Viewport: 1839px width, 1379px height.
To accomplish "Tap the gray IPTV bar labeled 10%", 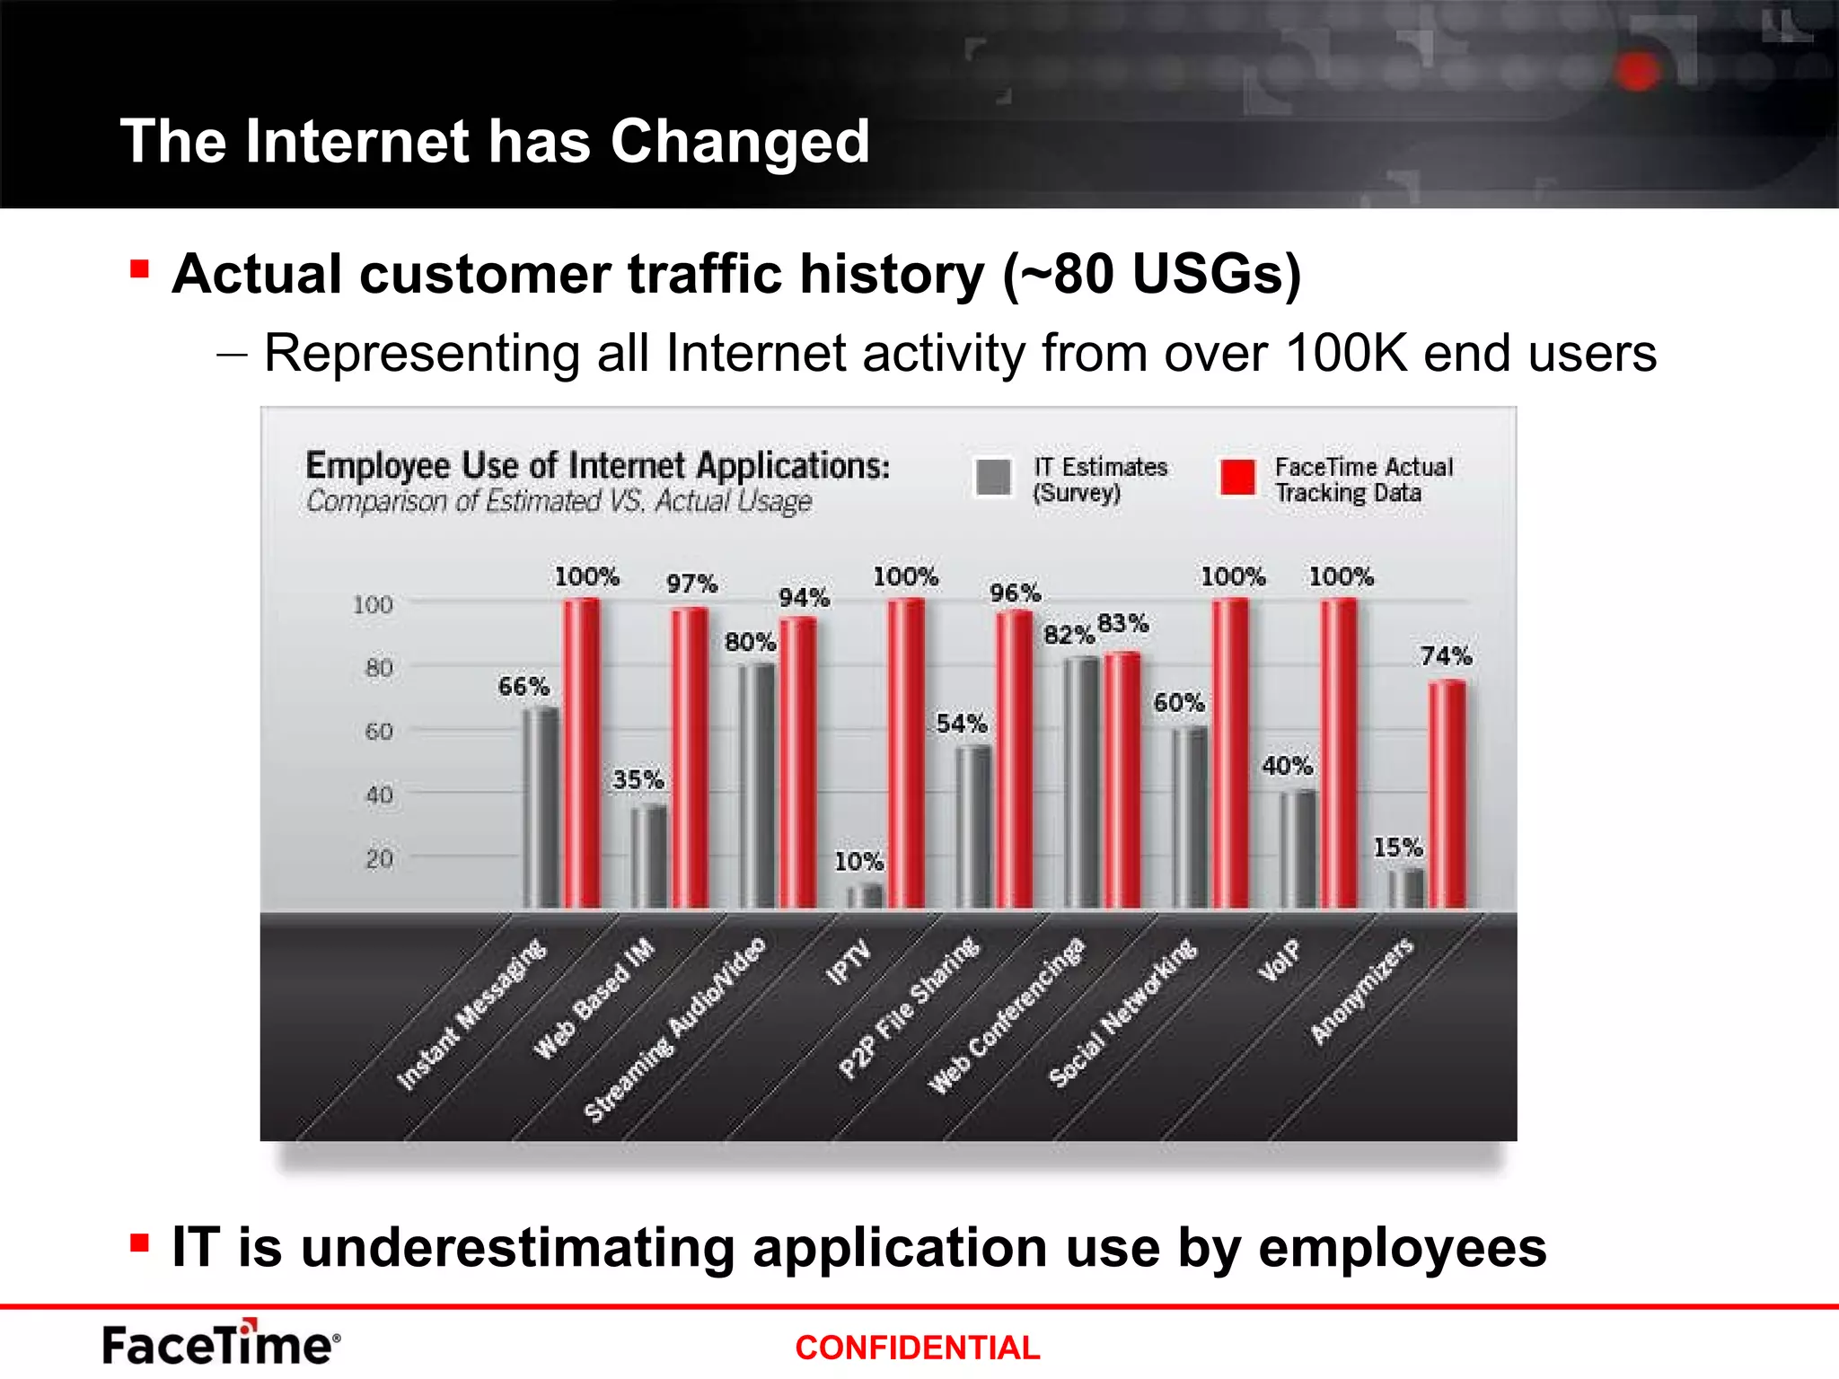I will coord(866,895).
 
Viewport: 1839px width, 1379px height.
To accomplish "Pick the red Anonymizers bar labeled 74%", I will coord(1447,794).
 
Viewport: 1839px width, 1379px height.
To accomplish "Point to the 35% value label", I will coord(638,779).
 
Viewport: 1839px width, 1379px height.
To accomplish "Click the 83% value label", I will coord(1122,623).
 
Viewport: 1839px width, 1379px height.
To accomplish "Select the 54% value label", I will coord(962,724).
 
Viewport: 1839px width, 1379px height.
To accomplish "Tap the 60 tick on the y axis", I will coord(379,732).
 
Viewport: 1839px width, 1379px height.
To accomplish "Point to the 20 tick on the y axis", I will coord(379,859).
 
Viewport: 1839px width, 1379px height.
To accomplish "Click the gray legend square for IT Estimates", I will coord(993,477).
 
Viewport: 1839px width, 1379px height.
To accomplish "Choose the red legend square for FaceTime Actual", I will coord(1237,477).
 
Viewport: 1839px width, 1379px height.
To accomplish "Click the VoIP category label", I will coord(1279,960).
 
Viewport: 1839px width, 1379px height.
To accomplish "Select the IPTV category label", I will coord(849,962).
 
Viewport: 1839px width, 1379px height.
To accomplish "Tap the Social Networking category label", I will coord(1122,1012).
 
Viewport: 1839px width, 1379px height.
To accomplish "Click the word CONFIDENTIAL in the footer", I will coord(917,1348).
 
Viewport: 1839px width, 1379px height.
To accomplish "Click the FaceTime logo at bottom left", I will coord(221,1343).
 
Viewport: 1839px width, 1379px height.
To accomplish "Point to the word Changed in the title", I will coord(740,142).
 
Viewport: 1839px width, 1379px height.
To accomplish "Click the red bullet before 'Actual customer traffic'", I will coord(139,268).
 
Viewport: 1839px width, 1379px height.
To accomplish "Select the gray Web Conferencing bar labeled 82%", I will coord(1081,781).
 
